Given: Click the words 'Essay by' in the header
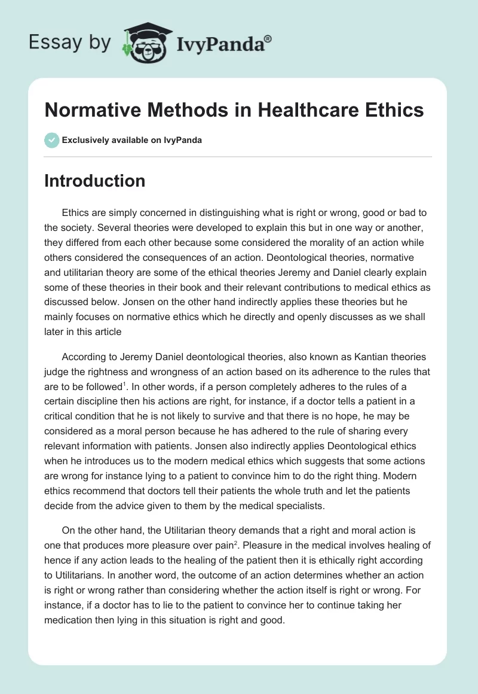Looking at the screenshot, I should [71, 43].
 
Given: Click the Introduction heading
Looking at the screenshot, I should [94, 181].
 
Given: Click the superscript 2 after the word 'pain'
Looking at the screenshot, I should [203, 542].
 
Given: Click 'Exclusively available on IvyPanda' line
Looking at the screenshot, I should [132, 140].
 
